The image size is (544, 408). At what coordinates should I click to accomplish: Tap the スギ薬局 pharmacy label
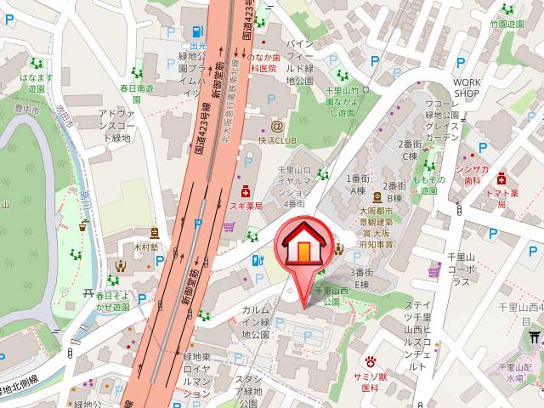click(x=246, y=207)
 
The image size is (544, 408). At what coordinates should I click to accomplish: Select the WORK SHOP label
click(x=467, y=89)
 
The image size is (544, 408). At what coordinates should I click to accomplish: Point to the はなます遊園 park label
click(x=36, y=81)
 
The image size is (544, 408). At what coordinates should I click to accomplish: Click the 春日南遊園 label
click(x=136, y=88)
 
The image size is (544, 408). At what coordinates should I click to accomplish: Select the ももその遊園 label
click(x=422, y=186)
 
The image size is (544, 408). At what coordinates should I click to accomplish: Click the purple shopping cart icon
click(x=229, y=228)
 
